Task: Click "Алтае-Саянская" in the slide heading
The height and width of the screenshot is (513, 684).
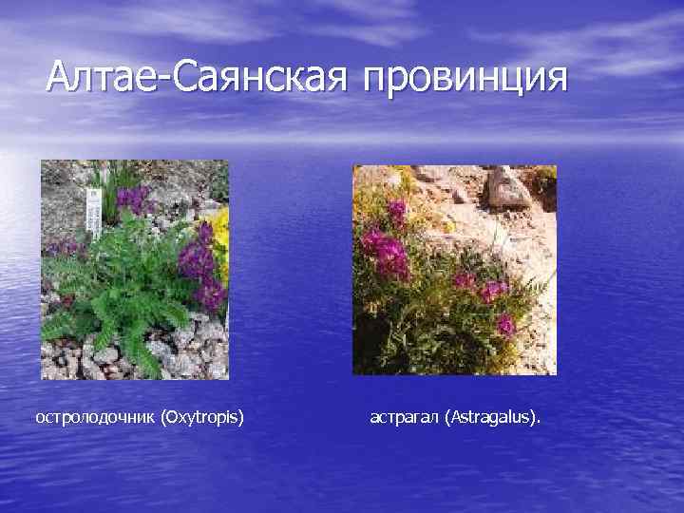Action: (197, 76)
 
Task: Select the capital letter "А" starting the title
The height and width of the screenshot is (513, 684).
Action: (60, 76)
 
